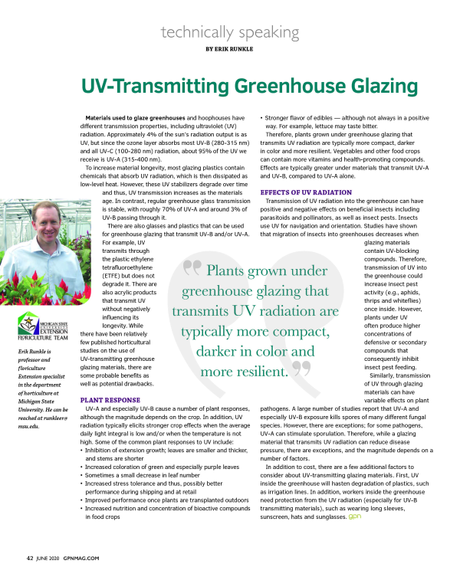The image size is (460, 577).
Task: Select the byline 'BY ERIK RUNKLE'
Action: (230, 48)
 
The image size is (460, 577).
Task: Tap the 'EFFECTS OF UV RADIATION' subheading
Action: (307, 192)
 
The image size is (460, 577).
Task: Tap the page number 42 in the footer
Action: (29, 557)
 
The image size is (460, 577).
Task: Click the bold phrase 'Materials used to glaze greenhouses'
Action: (133, 118)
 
